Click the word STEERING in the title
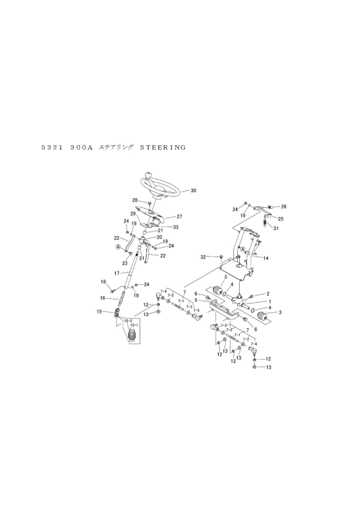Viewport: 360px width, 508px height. click(x=163, y=148)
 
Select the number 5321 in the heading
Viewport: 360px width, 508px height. click(x=52, y=148)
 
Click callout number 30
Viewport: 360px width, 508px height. click(x=193, y=191)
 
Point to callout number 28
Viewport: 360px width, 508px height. click(x=135, y=200)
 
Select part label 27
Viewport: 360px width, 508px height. click(x=180, y=216)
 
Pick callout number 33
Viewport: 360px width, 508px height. click(x=175, y=227)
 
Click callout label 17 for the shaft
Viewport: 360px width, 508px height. click(x=117, y=273)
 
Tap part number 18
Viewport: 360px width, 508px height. click(x=104, y=282)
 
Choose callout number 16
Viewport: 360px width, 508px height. click(x=102, y=298)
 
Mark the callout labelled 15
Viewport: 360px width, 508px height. click(x=99, y=312)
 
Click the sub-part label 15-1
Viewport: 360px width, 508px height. click(x=134, y=325)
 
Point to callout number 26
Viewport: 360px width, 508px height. click(x=284, y=207)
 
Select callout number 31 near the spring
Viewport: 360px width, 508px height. click(x=276, y=228)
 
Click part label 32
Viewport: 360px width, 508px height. click(x=203, y=257)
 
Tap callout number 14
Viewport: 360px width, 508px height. click(x=265, y=258)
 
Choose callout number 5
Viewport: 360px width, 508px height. click(x=196, y=300)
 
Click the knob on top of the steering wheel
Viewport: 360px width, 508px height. click(x=148, y=176)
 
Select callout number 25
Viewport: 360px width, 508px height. click(x=281, y=219)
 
